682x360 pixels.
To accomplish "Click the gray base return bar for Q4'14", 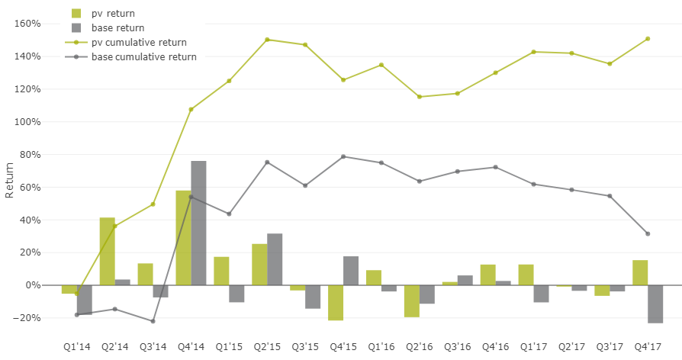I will tap(198, 223).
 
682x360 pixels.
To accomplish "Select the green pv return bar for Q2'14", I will tap(108, 251).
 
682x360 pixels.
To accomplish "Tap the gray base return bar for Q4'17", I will tap(655, 304).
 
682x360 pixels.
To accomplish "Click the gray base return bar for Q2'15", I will tap(275, 259).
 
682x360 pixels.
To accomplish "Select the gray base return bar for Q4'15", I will tap(351, 271).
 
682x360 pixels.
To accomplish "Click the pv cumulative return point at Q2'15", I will tap(267, 40).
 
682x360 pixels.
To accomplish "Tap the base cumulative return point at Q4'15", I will tap(343, 156).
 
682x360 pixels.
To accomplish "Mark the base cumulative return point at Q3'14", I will tap(153, 321).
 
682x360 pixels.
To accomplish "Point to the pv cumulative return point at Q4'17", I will tap(648, 39).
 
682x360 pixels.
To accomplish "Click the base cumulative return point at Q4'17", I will tap(648, 233).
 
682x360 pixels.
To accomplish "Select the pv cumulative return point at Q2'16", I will tap(419, 97).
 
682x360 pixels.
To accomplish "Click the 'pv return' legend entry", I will tap(123, 13).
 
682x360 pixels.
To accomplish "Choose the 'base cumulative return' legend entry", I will tap(143, 56).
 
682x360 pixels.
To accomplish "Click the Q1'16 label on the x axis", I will tap(381, 347).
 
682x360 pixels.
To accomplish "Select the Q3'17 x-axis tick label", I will tap(610, 347).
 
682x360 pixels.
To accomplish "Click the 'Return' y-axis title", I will tap(10, 180).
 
